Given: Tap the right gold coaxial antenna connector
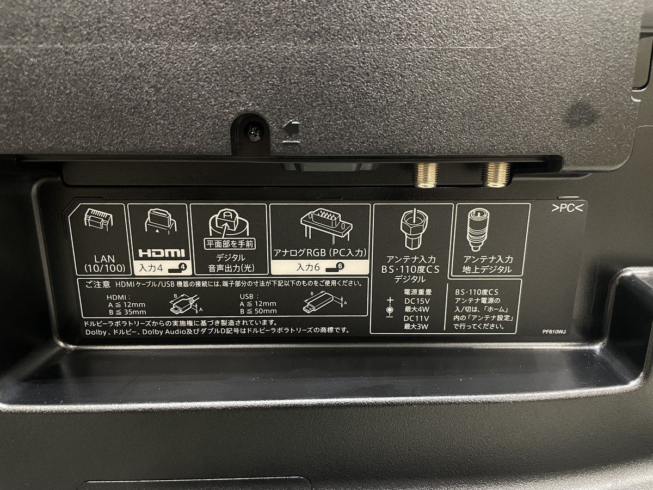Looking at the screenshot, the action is pyautogui.click(x=496, y=174).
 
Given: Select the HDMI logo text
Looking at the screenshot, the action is pyautogui.click(x=162, y=253).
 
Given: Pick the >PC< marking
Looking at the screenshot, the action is pyautogui.click(x=567, y=209).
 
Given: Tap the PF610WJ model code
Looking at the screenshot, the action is pyautogui.click(x=553, y=332).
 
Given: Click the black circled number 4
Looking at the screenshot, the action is pyautogui.click(x=183, y=267).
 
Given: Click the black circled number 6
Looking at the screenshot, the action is pyautogui.click(x=340, y=266).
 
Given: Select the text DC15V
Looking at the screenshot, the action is pyautogui.click(x=416, y=301).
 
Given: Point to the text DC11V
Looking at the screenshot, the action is pyautogui.click(x=416, y=318).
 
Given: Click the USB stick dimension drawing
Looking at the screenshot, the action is pyautogui.click(x=324, y=303).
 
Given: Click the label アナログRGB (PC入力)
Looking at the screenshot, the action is pyautogui.click(x=320, y=253).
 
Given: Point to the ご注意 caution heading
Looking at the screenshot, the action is pyautogui.click(x=98, y=284).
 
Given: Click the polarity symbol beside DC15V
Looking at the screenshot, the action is pyautogui.click(x=390, y=308).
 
